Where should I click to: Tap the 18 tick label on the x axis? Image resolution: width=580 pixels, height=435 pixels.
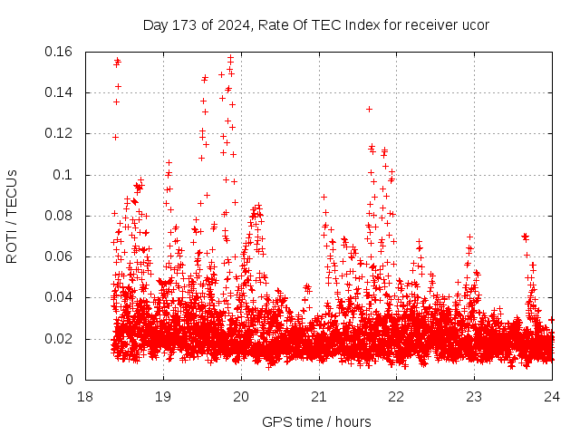[x=85, y=397]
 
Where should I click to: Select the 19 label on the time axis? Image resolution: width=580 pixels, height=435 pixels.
[x=163, y=397]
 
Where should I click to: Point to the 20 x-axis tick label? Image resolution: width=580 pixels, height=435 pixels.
[x=241, y=397]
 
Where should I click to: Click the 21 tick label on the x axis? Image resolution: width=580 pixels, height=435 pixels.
[x=319, y=397]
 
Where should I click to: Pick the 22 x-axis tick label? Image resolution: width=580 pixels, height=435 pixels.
[x=397, y=397]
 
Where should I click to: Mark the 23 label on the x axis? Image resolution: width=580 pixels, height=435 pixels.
[x=475, y=397]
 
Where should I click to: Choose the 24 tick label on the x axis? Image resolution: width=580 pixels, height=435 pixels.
[x=553, y=397]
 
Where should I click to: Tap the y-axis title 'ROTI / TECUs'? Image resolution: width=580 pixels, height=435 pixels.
[x=12, y=216]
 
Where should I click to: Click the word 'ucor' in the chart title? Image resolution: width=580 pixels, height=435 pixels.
[x=475, y=24]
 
